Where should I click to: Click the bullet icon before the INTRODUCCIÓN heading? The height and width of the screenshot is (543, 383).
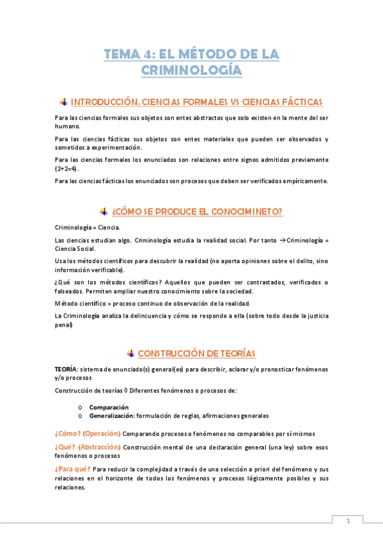click(63, 102)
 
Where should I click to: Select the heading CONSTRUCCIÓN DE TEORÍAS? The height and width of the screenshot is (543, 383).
click(196, 353)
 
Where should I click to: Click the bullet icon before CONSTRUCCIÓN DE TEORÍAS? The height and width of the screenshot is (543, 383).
click(130, 353)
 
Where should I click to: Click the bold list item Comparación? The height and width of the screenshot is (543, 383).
click(109, 407)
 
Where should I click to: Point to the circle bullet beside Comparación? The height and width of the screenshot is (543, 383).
click(79, 407)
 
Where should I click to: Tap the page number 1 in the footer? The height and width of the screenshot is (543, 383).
click(348, 521)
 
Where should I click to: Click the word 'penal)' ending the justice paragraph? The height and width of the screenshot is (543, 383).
click(64, 325)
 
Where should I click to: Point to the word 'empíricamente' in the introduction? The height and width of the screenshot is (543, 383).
click(304, 181)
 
